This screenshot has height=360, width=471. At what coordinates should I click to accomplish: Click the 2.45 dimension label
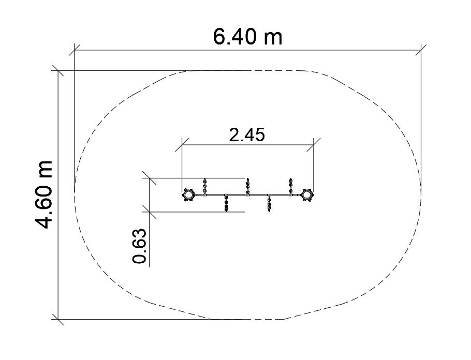pos(247,134)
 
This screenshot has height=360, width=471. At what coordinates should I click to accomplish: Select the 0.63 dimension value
pos(140,246)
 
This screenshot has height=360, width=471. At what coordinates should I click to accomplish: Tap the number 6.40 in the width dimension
pos(235,37)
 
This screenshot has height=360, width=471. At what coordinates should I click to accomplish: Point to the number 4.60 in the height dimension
pos(44,207)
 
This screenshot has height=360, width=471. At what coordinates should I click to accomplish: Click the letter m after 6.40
pos(273,38)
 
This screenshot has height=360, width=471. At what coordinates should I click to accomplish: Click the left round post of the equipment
pos(188,195)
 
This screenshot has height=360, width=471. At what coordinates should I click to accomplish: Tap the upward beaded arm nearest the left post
pos(205,186)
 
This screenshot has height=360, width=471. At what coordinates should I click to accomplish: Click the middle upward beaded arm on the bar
pos(247,186)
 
